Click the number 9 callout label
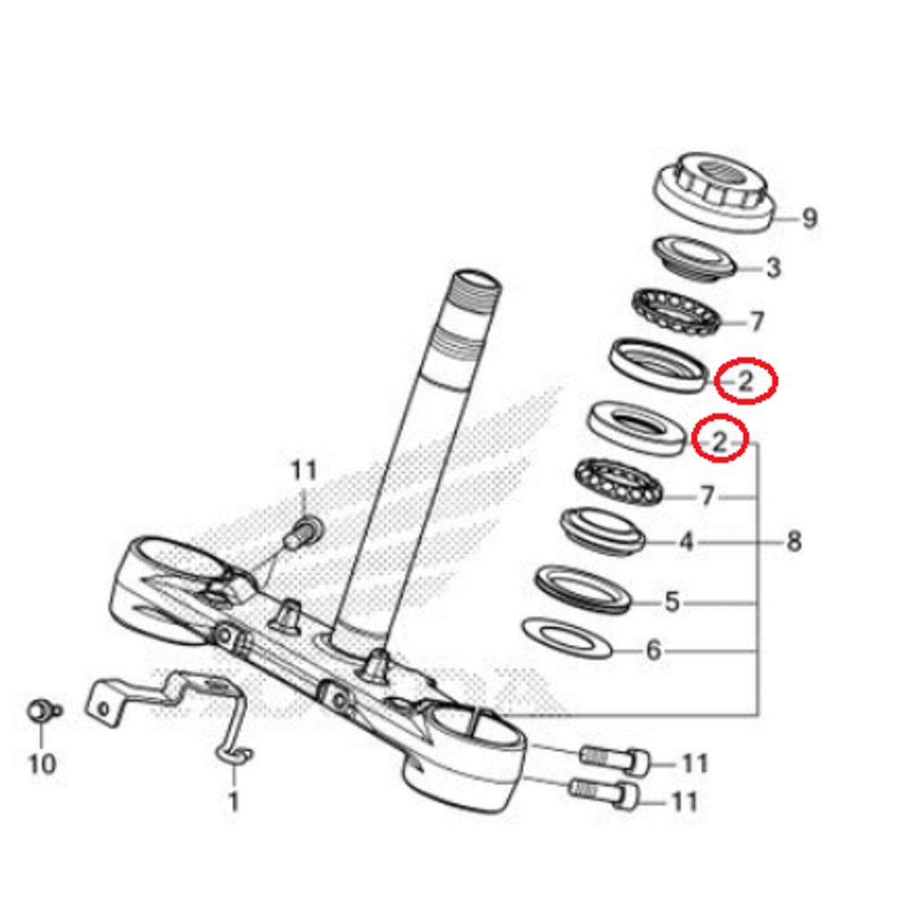(x=809, y=218)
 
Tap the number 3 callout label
(x=773, y=267)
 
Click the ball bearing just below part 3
(x=677, y=312)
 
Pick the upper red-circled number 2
(x=746, y=381)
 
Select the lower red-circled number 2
(x=720, y=441)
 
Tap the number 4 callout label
(x=686, y=542)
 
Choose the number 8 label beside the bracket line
(x=793, y=541)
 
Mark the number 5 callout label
(x=673, y=602)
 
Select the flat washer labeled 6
(x=567, y=637)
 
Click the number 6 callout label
(x=654, y=649)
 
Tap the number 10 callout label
(x=41, y=764)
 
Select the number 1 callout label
(x=234, y=800)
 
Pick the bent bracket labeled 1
(x=171, y=697)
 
